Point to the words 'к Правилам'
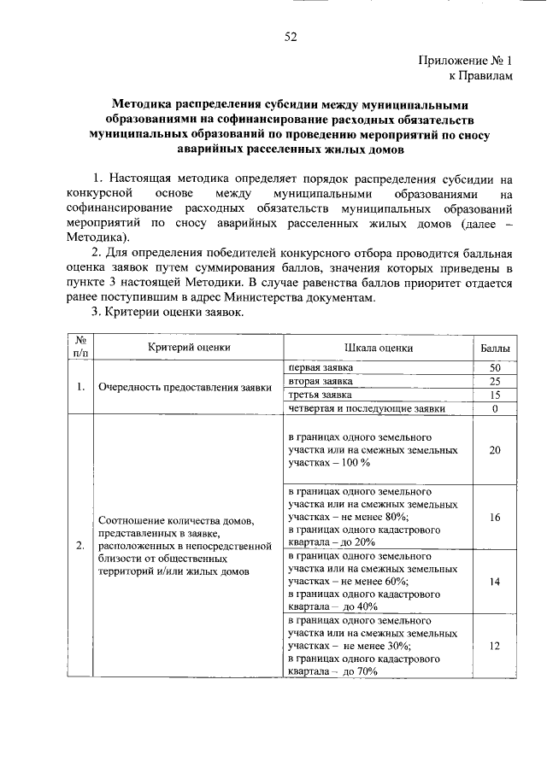[484, 76]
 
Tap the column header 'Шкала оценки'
[379, 348]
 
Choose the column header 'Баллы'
[494, 348]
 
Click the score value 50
[494, 367]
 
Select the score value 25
[494, 382]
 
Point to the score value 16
[494, 518]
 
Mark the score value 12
[494, 647]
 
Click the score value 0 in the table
[494, 410]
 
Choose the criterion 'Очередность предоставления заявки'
[185, 388]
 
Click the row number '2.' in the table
[79, 545]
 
